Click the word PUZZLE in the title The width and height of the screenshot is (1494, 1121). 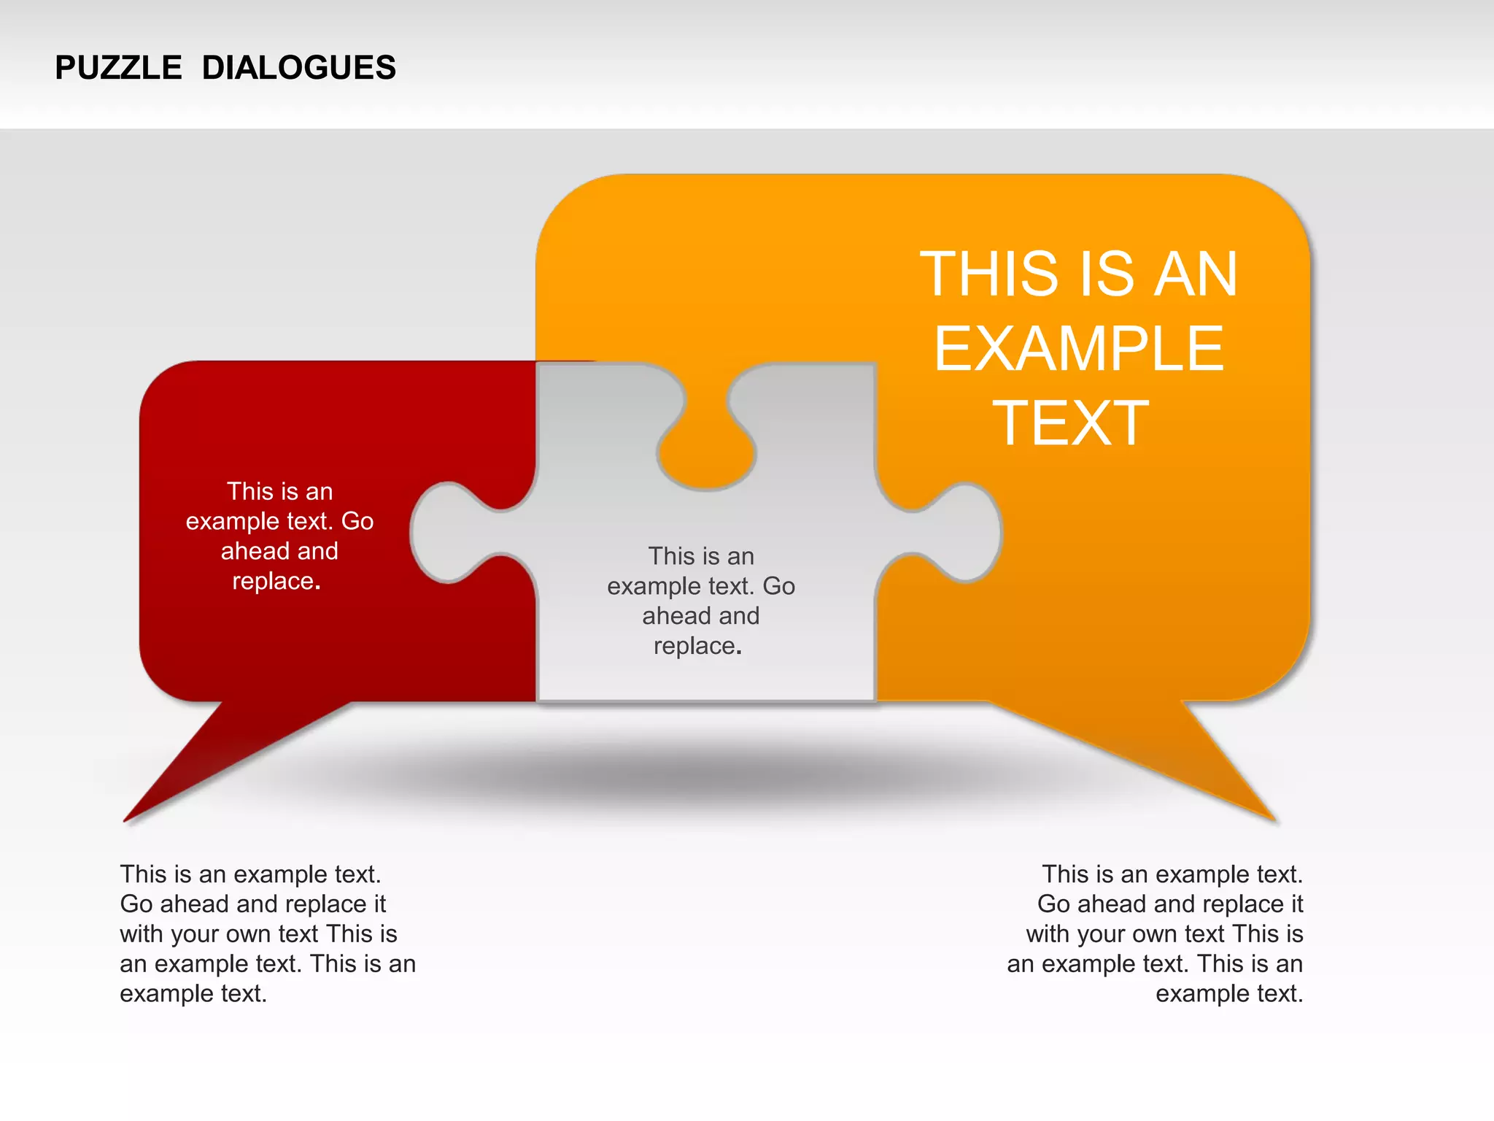118,68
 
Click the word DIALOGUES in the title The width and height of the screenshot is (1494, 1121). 298,68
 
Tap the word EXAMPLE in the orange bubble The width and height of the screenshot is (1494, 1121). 1078,349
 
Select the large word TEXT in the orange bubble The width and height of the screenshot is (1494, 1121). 1070,423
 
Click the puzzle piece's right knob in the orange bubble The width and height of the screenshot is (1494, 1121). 967,533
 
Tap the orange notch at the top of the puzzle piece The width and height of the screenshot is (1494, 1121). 706,452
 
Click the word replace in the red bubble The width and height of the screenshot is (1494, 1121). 273,582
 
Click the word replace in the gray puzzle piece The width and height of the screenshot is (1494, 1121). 694,647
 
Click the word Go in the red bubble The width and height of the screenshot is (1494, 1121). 357,521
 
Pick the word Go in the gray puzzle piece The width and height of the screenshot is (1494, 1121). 779,586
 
